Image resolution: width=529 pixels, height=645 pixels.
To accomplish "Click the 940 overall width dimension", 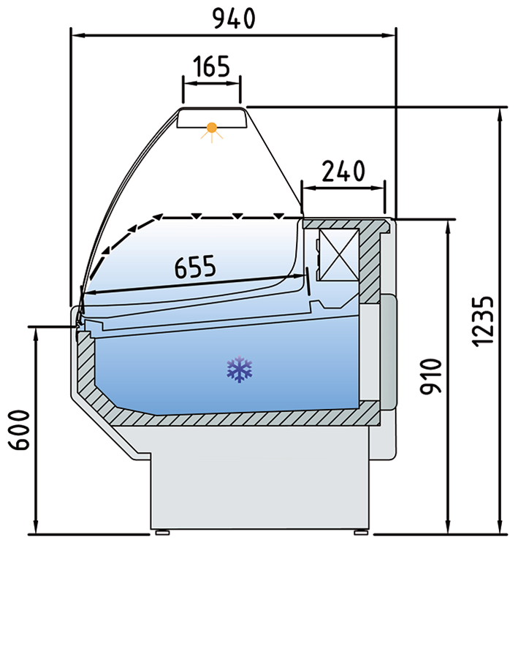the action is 234,18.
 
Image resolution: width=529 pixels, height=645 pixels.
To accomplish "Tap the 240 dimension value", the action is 343,171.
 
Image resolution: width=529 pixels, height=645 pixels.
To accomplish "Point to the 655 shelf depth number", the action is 195,266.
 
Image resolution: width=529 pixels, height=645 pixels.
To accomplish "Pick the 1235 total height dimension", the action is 482,321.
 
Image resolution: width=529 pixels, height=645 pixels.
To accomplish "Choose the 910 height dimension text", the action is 430,376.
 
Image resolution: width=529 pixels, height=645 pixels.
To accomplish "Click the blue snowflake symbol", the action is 240,370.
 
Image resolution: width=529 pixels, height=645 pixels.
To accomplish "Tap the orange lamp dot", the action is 212,128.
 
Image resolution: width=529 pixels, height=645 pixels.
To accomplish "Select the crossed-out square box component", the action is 339,255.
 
